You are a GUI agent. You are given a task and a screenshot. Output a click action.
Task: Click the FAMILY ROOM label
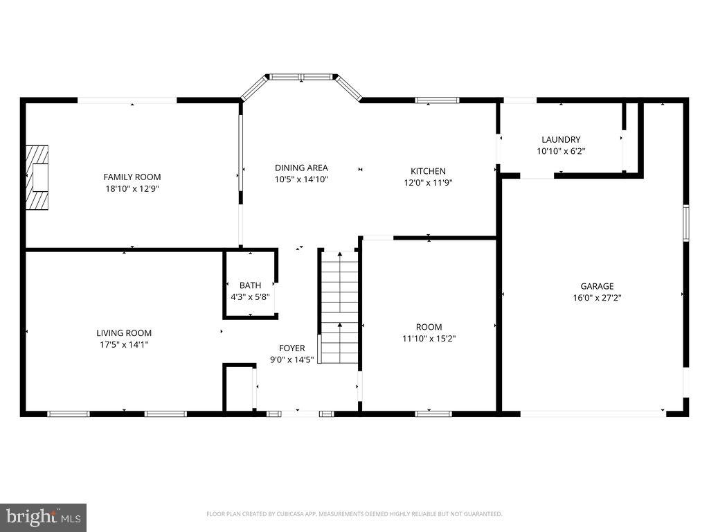[132, 177]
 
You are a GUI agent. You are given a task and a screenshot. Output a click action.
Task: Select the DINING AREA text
[301, 168]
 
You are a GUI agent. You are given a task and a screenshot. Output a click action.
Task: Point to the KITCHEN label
[428, 171]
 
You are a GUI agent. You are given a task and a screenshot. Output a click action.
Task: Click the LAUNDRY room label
[561, 139]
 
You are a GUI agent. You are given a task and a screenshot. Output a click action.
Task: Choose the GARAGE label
[597, 286]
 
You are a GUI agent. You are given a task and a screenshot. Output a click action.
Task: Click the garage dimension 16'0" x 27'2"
[597, 298]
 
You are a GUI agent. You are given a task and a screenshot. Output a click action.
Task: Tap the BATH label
[250, 285]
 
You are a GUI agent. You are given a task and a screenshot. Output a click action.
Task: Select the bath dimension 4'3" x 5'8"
[250, 296]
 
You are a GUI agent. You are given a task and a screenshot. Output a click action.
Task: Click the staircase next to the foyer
[339, 307]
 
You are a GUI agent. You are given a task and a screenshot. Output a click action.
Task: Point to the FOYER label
[291, 348]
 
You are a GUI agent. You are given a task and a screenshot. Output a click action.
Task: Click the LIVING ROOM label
[124, 332]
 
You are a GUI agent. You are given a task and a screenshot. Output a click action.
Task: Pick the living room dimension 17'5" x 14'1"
[124, 344]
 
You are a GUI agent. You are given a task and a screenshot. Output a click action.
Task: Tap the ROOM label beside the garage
[429, 327]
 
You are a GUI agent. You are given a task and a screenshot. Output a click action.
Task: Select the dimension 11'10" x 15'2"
[429, 339]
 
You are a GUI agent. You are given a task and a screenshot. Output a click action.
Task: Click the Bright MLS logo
[43, 517]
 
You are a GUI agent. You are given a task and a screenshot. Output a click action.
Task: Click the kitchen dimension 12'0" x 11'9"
[428, 183]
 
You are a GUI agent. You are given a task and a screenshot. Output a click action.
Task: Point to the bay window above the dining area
[301, 77]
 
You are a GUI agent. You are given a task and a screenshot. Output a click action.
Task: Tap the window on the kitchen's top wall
[437, 100]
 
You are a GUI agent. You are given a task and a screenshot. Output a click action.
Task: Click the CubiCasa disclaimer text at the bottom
[354, 514]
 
